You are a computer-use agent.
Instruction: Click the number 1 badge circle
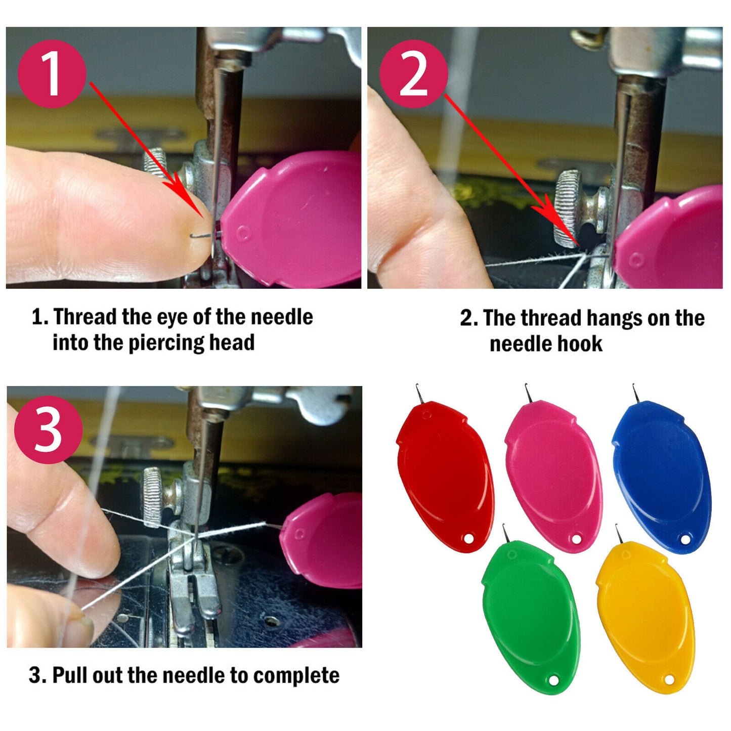click(52, 73)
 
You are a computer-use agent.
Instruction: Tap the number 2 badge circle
click(414, 74)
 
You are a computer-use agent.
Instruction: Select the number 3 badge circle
click(48, 430)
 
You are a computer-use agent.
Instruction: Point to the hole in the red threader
click(469, 538)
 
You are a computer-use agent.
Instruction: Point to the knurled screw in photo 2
click(568, 208)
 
